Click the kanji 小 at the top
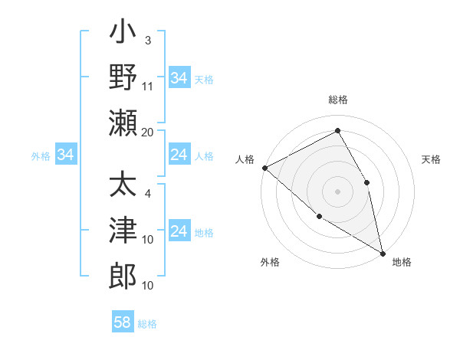click(123, 34)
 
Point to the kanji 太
click(123, 186)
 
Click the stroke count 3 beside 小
click(148, 40)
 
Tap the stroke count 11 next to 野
click(148, 86)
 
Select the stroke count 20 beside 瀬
click(148, 132)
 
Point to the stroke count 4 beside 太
click(148, 193)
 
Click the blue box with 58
click(122, 322)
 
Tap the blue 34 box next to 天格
click(179, 78)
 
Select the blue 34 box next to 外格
click(65, 155)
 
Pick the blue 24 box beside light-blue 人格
click(179, 155)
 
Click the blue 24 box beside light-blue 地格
click(179, 232)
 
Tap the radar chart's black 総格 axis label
click(337, 100)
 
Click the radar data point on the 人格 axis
click(264, 167)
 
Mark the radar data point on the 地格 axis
click(382, 253)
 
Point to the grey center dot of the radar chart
click(337, 191)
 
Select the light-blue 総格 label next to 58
click(147, 324)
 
